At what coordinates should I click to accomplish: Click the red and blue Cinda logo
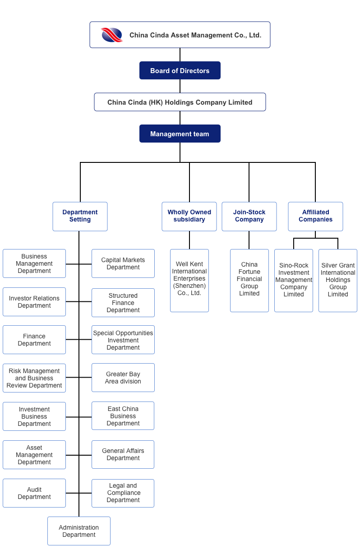pos(112,35)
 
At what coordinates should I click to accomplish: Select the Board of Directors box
pos(180,70)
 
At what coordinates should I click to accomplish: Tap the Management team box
pos(180,134)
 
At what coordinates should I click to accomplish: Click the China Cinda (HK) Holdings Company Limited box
pos(180,102)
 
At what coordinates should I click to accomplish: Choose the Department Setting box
pos(80,217)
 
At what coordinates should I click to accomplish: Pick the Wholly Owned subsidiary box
pos(189,217)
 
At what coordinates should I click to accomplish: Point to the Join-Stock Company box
pos(249,217)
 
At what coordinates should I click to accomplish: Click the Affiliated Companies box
pos(315,217)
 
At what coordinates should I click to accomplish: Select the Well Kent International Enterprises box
pos(189,281)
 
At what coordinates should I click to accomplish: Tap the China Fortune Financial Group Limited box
pos(249,281)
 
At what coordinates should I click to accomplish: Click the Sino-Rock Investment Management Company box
pos(294,281)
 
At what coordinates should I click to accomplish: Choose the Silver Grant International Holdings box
pos(338,281)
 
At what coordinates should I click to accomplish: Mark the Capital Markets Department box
pos(123,263)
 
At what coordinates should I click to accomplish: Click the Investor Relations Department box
pos(34,302)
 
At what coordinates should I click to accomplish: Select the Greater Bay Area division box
pos(123,378)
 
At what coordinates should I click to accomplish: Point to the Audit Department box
pos(34,493)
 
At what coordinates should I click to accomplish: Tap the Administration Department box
pos(79,531)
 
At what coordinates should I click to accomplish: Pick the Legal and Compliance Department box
pos(123,493)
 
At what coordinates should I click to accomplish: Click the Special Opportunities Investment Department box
pos(123,340)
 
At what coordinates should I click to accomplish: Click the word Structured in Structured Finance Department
pos(123,295)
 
